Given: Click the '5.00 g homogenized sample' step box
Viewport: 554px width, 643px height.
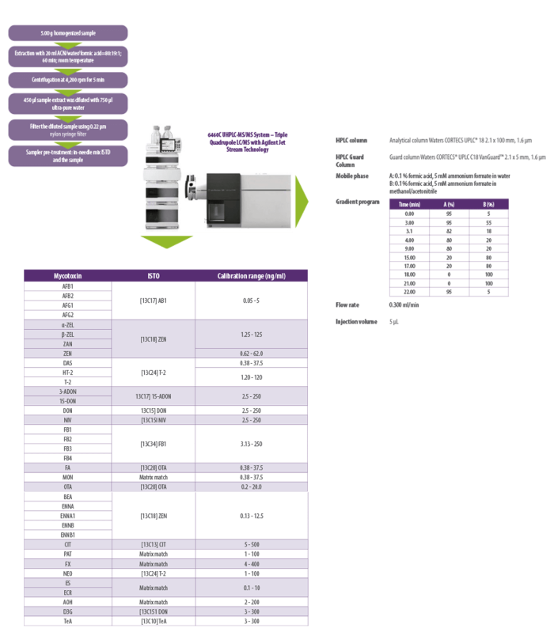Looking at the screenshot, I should point(67,33).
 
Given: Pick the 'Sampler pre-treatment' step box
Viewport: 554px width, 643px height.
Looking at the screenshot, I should point(67,154).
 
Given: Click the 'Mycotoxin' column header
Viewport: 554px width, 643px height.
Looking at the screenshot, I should point(67,276).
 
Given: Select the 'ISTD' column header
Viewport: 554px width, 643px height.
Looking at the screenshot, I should point(154,276).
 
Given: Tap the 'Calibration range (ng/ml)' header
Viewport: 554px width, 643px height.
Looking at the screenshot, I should point(251,276).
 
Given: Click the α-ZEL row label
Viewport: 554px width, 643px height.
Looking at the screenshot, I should point(67,324).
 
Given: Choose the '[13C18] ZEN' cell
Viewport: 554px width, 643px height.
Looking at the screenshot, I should point(154,339).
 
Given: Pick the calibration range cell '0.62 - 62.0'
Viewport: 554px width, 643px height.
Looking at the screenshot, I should point(251,353).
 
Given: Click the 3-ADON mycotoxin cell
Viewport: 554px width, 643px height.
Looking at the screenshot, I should point(67,391).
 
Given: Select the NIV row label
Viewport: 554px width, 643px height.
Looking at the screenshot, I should point(67,420).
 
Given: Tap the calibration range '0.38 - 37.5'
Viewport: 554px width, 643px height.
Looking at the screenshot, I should point(251,467).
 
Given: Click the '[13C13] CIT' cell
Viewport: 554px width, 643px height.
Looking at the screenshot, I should point(154,544).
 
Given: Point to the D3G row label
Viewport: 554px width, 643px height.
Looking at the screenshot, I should point(67,611).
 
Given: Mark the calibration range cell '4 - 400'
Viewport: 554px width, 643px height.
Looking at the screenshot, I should point(251,564).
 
